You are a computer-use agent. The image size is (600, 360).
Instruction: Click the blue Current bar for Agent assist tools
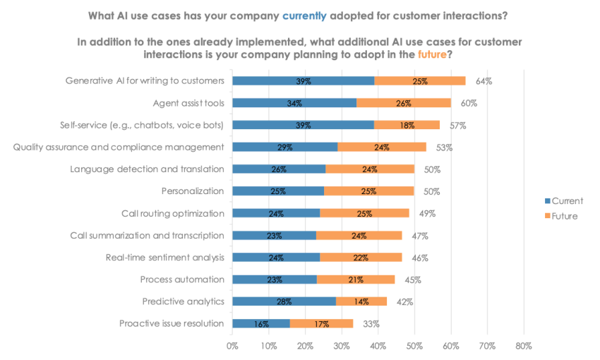pyautogui.click(x=294, y=103)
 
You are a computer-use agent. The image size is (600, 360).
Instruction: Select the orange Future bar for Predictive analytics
pyautogui.click(x=361, y=301)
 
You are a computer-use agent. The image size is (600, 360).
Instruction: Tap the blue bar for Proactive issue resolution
pyautogui.click(x=261, y=324)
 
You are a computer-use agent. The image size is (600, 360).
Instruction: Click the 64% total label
pyautogui.click(x=484, y=81)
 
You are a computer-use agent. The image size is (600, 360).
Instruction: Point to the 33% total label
pyautogui.click(x=371, y=324)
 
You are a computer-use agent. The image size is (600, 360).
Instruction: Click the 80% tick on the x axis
pyautogui.click(x=523, y=346)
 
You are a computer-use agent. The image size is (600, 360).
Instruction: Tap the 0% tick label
pyautogui.click(x=232, y=346)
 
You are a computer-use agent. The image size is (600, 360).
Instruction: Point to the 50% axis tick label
pyautogui.click(x=414, y=346)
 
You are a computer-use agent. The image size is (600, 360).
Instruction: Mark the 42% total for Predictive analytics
pyautogui.click(x=404, y=301)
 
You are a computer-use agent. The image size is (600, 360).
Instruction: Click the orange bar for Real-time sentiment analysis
pyautogui.click(x=361, y=258)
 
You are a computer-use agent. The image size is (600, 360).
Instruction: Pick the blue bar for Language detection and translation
pyautogui.click(x=279, y=169)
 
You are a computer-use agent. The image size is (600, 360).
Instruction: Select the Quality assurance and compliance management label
pyautogui.click(x=119, y=147)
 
